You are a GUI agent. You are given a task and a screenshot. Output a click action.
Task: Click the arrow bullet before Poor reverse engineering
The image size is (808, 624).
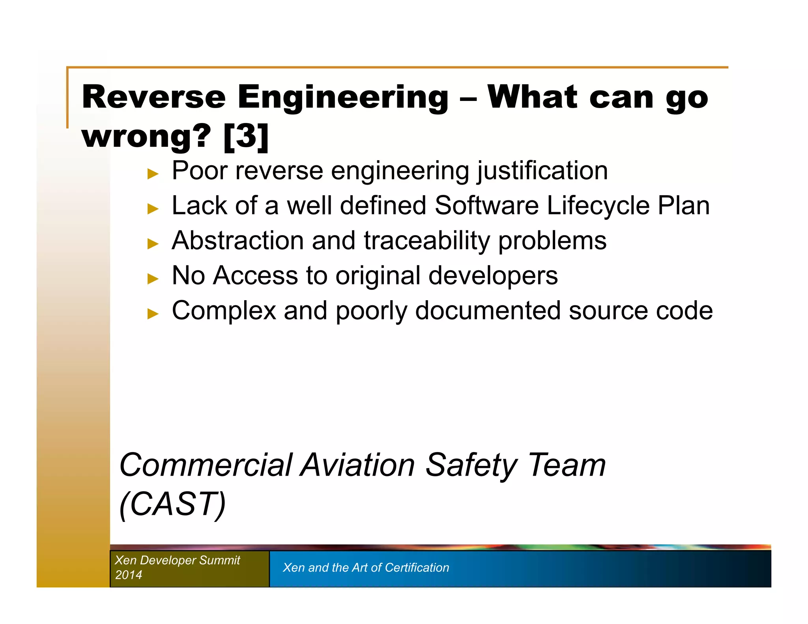pyautogui.click(x=153, y=174)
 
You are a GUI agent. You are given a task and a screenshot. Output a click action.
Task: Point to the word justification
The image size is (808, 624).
pyautogui.click(x=542, y=171)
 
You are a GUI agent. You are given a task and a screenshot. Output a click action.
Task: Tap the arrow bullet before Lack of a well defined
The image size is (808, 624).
pyautogui.click(x=153, y=208)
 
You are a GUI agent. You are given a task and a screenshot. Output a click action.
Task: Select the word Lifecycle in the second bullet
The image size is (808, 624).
pyautogui.click(x=598, y=206)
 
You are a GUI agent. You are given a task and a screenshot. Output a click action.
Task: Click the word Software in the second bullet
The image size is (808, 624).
pyautogui.click(x=486, y=206)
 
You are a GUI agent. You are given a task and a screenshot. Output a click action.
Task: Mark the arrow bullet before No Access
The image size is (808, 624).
pyautogui.click(x=153, y=278)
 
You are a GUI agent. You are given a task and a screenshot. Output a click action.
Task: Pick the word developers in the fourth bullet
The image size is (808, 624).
pyautogui.click(x=493, y=275)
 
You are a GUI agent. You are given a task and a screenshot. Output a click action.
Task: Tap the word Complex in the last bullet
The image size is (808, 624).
pyautogui.click(x=224, y=310)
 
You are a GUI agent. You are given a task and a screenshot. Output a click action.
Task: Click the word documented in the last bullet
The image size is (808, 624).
pyautogui.click(x=488, y=310)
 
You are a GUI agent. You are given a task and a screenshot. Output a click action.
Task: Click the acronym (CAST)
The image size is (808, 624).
pyautogui.click(x=172, y=504)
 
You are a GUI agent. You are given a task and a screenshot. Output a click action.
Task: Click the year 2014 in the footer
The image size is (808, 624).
pyautogui.click(x=129, y=575)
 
